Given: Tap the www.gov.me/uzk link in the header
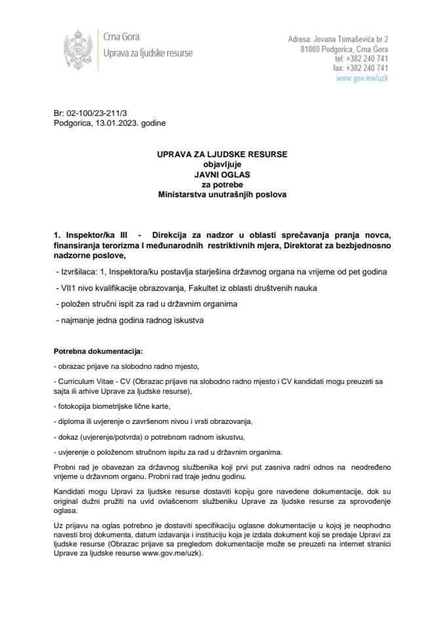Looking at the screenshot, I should pyautogui.click(x=362, y=77).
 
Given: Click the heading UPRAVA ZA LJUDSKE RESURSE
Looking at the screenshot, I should pyautogui.click(x=222, y=155).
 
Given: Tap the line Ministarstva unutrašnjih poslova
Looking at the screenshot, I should pyautogui.click(x=222, y=195).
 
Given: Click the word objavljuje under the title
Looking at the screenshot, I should pyautogui.click(x=222, y=165).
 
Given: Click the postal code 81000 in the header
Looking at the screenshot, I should pyautogui.click(x=311, y=49).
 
